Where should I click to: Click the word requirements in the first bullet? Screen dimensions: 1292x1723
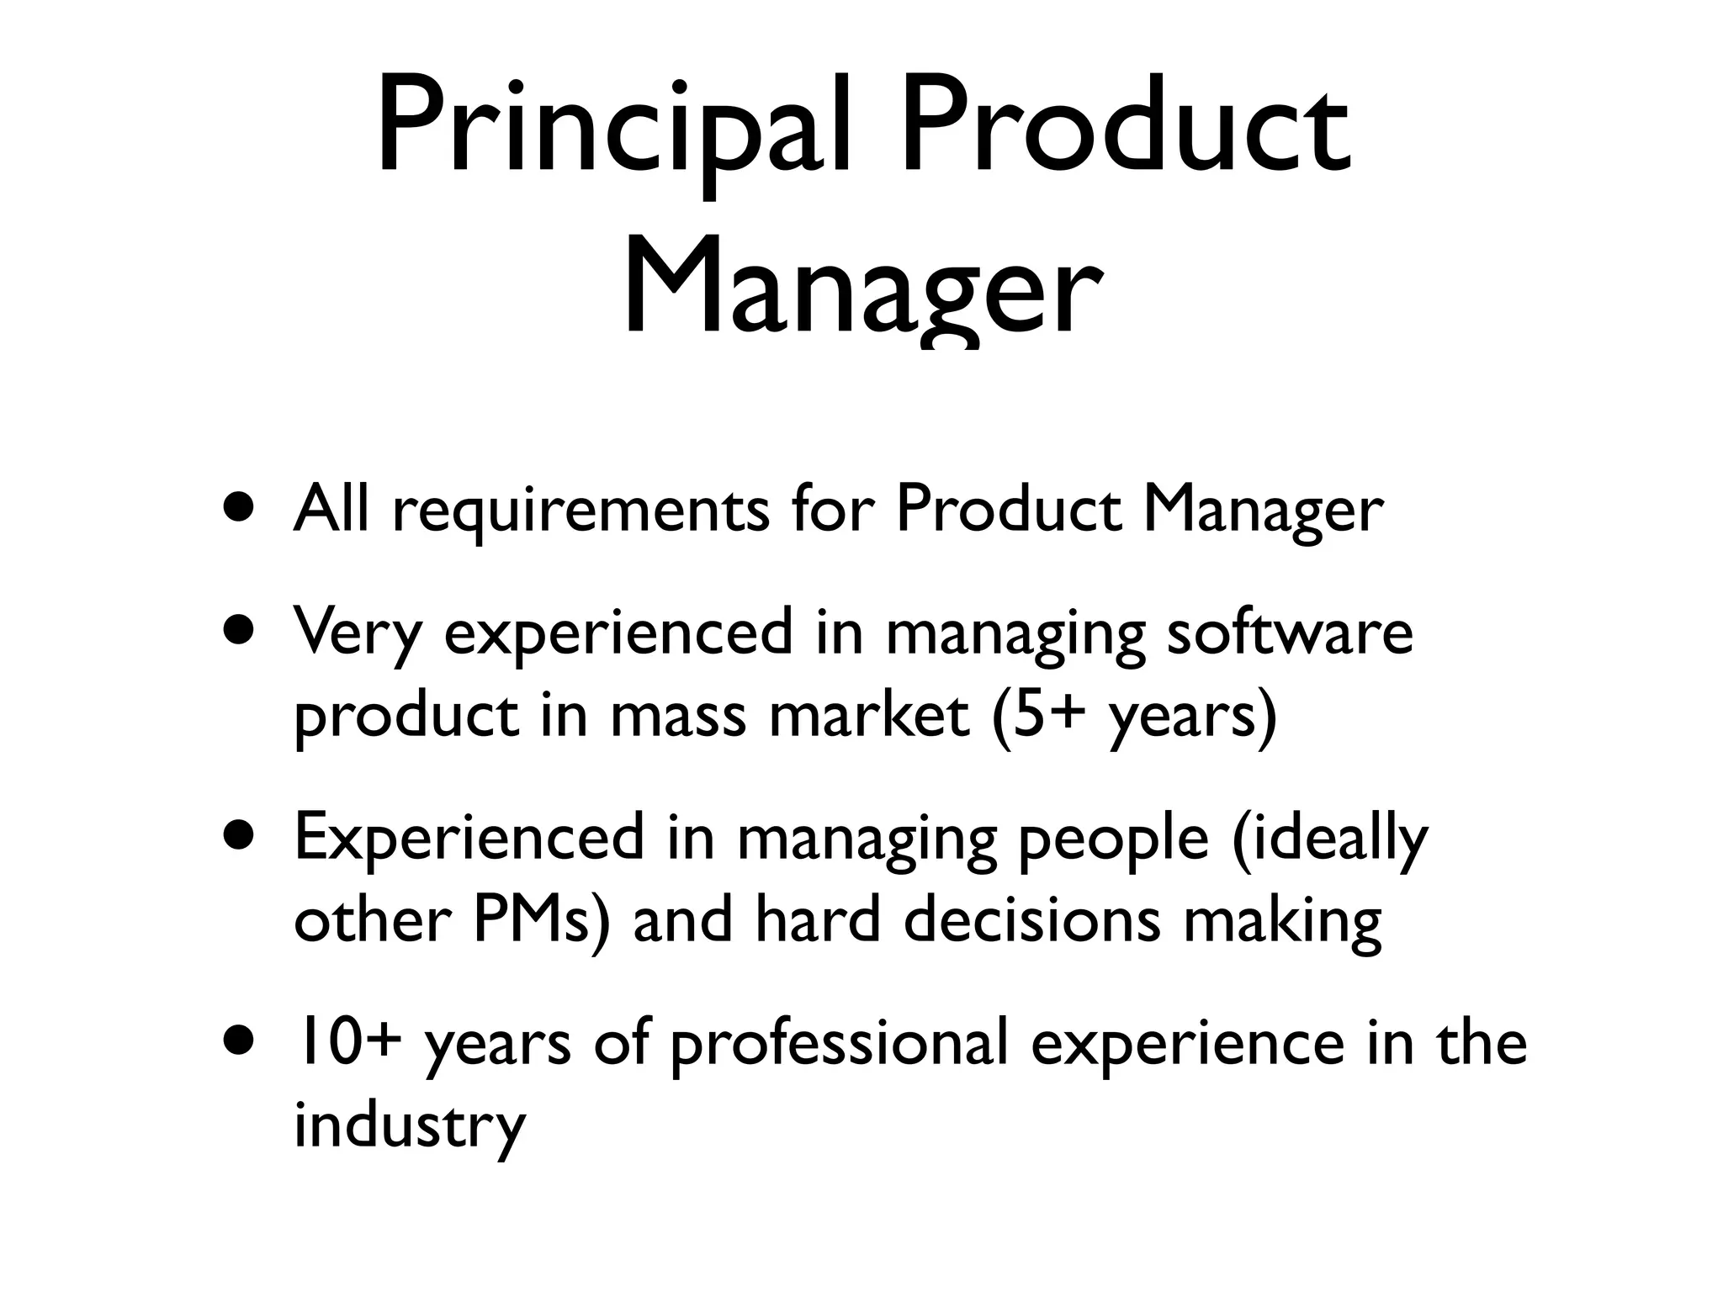(x=581, y=510)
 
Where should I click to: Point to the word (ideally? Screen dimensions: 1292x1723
(x=1329, y=838)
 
